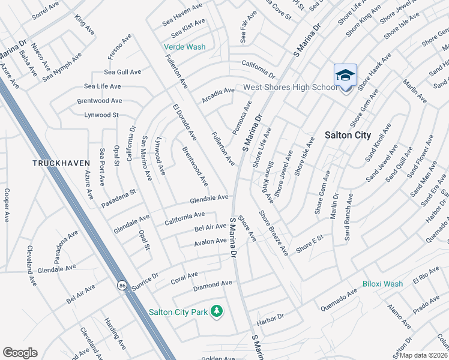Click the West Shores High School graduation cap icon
(x=345, y=76)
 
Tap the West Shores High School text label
(x=291, y=88)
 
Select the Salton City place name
(x=348, y=135)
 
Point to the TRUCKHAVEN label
(x=61, y=163)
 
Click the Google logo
(x=20, y=353)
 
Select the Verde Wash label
(x=185, y=47)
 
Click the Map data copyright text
(x=423, y=355)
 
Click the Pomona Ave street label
(x=243, y=118)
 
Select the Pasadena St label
(x=119, y=194)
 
